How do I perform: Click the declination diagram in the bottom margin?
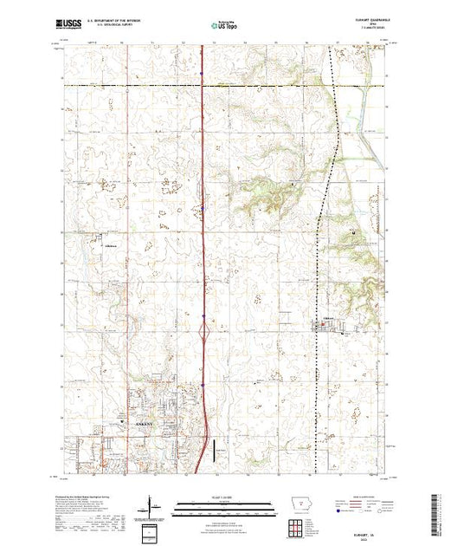[152, 506]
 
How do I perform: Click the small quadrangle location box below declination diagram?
[152, 530]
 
